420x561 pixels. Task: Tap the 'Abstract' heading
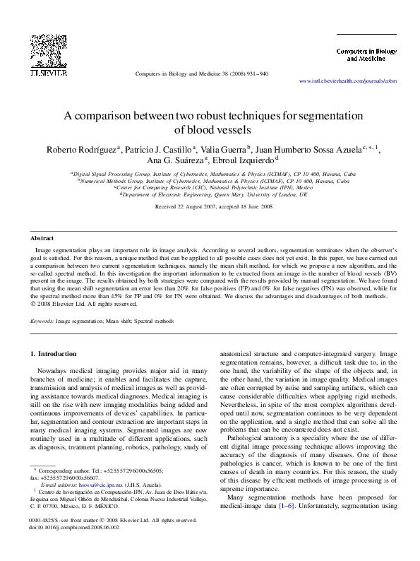pyautogui.click(x=43, y=240)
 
